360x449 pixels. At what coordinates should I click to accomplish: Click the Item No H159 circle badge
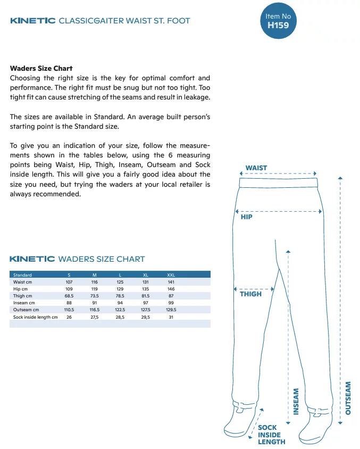point(278,20)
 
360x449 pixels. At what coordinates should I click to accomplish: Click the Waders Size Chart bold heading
point(41,68)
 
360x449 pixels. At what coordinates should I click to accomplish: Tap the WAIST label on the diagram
point(256,168)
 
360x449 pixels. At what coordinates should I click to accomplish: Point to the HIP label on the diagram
point(247,218)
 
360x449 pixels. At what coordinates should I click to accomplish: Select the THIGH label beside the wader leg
point(250,294)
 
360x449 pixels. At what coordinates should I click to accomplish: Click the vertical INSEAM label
point(296,401)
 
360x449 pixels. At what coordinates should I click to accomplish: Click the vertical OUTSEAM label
point(348,398)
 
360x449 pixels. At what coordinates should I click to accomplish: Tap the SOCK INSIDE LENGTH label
point(271,435)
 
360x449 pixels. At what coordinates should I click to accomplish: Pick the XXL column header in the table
point(171,275)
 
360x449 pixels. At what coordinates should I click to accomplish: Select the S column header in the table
point(69,275)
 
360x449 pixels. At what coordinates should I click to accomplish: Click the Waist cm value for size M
point(95,282)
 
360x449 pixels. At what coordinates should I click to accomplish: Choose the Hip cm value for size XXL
point(171,289)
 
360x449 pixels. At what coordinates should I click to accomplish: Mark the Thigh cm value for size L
point(120,296)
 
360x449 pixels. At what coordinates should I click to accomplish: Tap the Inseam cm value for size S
point(69,303)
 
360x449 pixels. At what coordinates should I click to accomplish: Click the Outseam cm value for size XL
point(145,310)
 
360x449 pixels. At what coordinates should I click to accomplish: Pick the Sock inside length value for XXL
point(171,317)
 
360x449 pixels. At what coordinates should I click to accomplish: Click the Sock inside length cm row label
point(35,317)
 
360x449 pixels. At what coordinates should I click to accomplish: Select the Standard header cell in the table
point(23,275)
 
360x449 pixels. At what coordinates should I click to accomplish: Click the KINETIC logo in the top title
point(32,21)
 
